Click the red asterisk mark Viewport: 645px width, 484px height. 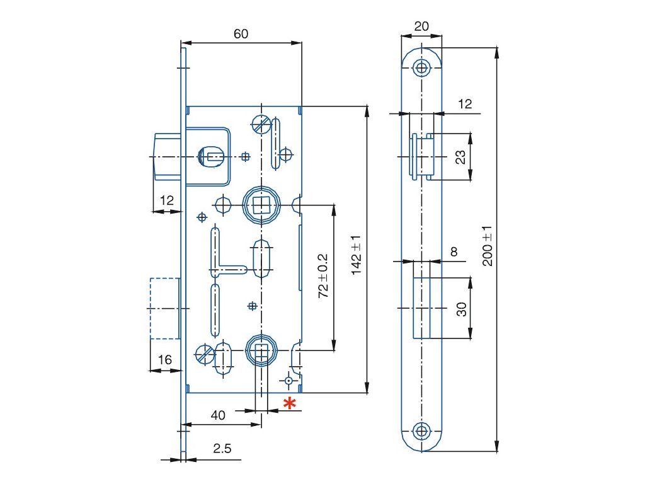click(290, 404)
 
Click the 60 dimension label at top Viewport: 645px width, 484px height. click(241, 34)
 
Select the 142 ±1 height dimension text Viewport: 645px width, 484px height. click(357, 255)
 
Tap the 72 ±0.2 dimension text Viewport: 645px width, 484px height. click(323, 276)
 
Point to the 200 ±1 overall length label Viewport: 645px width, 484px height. click(488, 246)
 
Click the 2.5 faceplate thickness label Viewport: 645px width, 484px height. click(222, 448)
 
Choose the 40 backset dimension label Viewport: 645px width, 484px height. click(218, 415)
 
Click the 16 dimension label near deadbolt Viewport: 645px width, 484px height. click(165, 360)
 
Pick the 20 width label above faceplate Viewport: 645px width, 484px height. click(421, 26)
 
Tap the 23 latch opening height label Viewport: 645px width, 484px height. click(460, 157)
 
